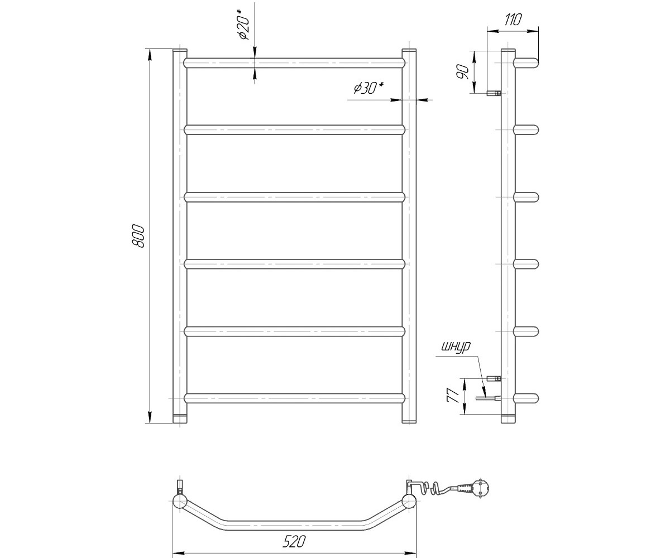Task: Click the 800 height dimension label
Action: (x=138, y=236)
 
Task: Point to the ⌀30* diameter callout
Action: (x=369, y=88)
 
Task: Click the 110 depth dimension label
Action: (x=513, y=20)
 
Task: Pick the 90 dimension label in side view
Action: (x=463, y=72)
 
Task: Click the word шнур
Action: (x=456, y=347)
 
